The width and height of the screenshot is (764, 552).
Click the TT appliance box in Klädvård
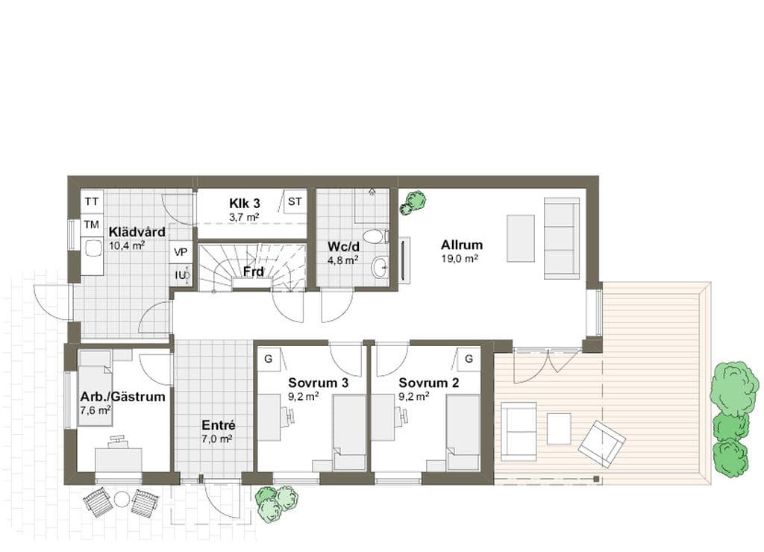click(x=92, y=201)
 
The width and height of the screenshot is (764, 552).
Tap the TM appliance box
click(x=92, y=225)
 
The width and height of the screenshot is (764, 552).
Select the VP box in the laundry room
click(x=181, y=252)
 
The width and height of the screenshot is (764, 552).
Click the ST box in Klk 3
click(x=295, y=201)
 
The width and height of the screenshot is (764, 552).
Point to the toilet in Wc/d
click(x=376, y=236)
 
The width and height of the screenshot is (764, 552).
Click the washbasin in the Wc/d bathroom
click(x=380, y=267)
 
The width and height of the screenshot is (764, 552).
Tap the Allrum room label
click(x=462, y=245)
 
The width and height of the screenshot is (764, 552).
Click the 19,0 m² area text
click(x=460, y=259)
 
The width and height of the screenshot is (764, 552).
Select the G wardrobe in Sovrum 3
click(x=268, y=359)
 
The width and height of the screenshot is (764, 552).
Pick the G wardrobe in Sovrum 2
click(x=469, y=359)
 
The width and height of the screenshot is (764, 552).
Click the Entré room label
click(x=219, y=425)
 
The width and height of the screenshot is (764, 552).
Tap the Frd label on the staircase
click(x=254, y=272)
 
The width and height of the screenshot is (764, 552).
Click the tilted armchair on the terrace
click(x=602, y=444)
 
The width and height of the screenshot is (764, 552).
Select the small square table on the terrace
click(x=559, y=429)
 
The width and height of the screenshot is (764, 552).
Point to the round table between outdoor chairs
click(x=122, y=499)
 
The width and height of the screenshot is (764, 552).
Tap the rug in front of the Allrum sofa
click(x=520, y=238)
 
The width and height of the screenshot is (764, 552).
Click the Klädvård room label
click(x=137, y=232)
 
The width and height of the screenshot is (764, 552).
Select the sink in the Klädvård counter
click(x=92, y=248)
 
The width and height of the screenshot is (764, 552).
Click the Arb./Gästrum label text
click(x=123, y=397)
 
